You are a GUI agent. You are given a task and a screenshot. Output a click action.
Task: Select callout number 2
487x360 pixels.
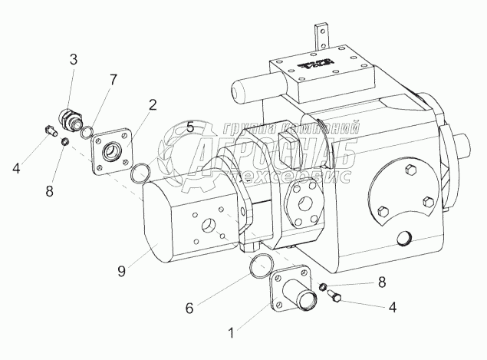pos(153,104)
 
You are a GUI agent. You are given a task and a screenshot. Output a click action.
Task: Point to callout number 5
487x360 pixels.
pos(190,127)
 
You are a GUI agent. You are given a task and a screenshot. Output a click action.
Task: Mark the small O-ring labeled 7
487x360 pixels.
pos(88,130)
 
